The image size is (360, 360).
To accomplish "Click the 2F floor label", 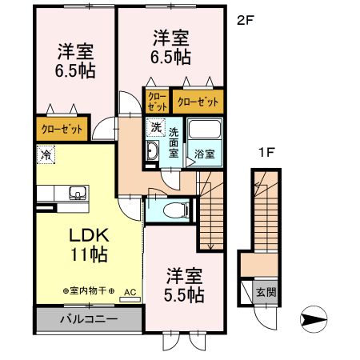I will click(x=245, y=22).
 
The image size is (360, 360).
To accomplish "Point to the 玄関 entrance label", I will click(x=266, y=291).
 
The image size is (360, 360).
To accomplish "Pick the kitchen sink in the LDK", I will click(x=78, y=192).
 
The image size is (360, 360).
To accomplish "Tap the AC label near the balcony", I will click(x=130, y=293).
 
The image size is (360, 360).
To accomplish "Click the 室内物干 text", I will click(x=88, y=291).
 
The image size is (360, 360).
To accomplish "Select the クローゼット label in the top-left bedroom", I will click(x=61, y=127).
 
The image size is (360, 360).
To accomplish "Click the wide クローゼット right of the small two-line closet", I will click(x=197, y=102).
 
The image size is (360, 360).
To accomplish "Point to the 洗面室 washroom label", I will click(x=172, y=142).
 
